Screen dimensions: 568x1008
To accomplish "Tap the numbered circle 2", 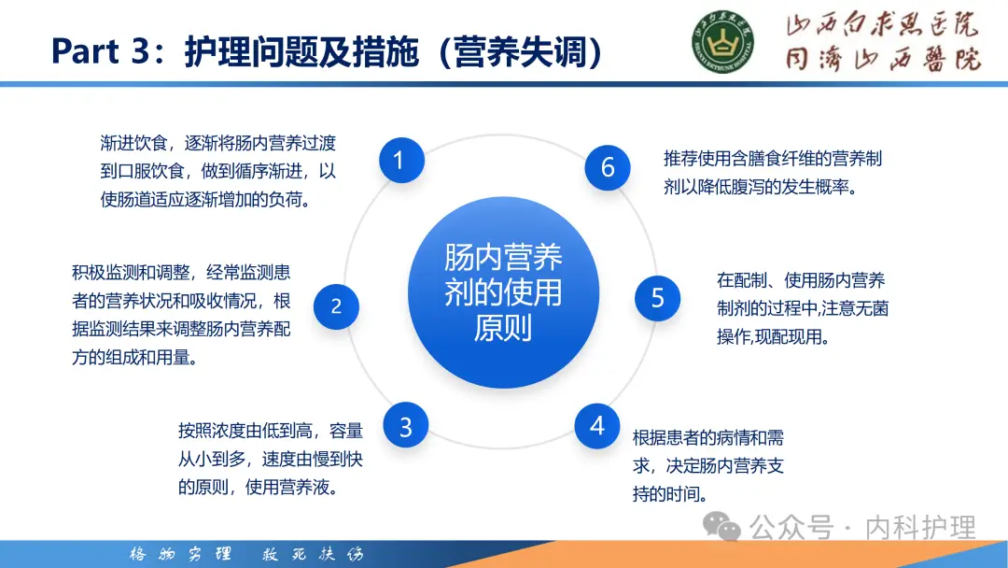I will click(336, 305).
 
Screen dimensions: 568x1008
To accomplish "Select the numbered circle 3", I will click(406, 427).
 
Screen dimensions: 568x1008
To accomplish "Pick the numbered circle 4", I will click(597, 427).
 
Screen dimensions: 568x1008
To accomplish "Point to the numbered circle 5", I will click(658, 298).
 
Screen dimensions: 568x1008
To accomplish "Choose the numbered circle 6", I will click(609, 167).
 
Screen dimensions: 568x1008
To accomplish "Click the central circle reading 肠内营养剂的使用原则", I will click(503, 293).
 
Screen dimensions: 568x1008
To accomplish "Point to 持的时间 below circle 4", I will click(668, 494).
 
